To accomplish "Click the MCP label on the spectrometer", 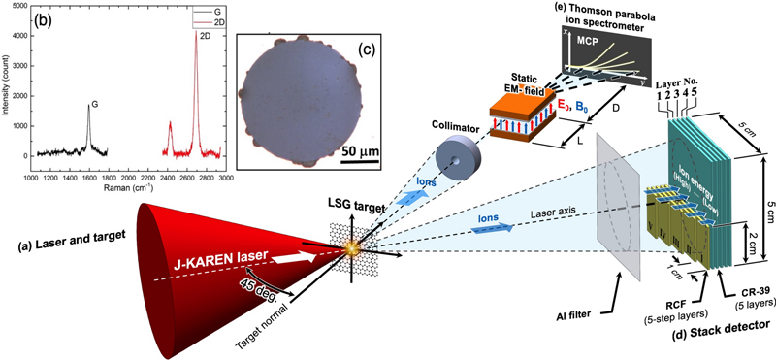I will tap(581, 45).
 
